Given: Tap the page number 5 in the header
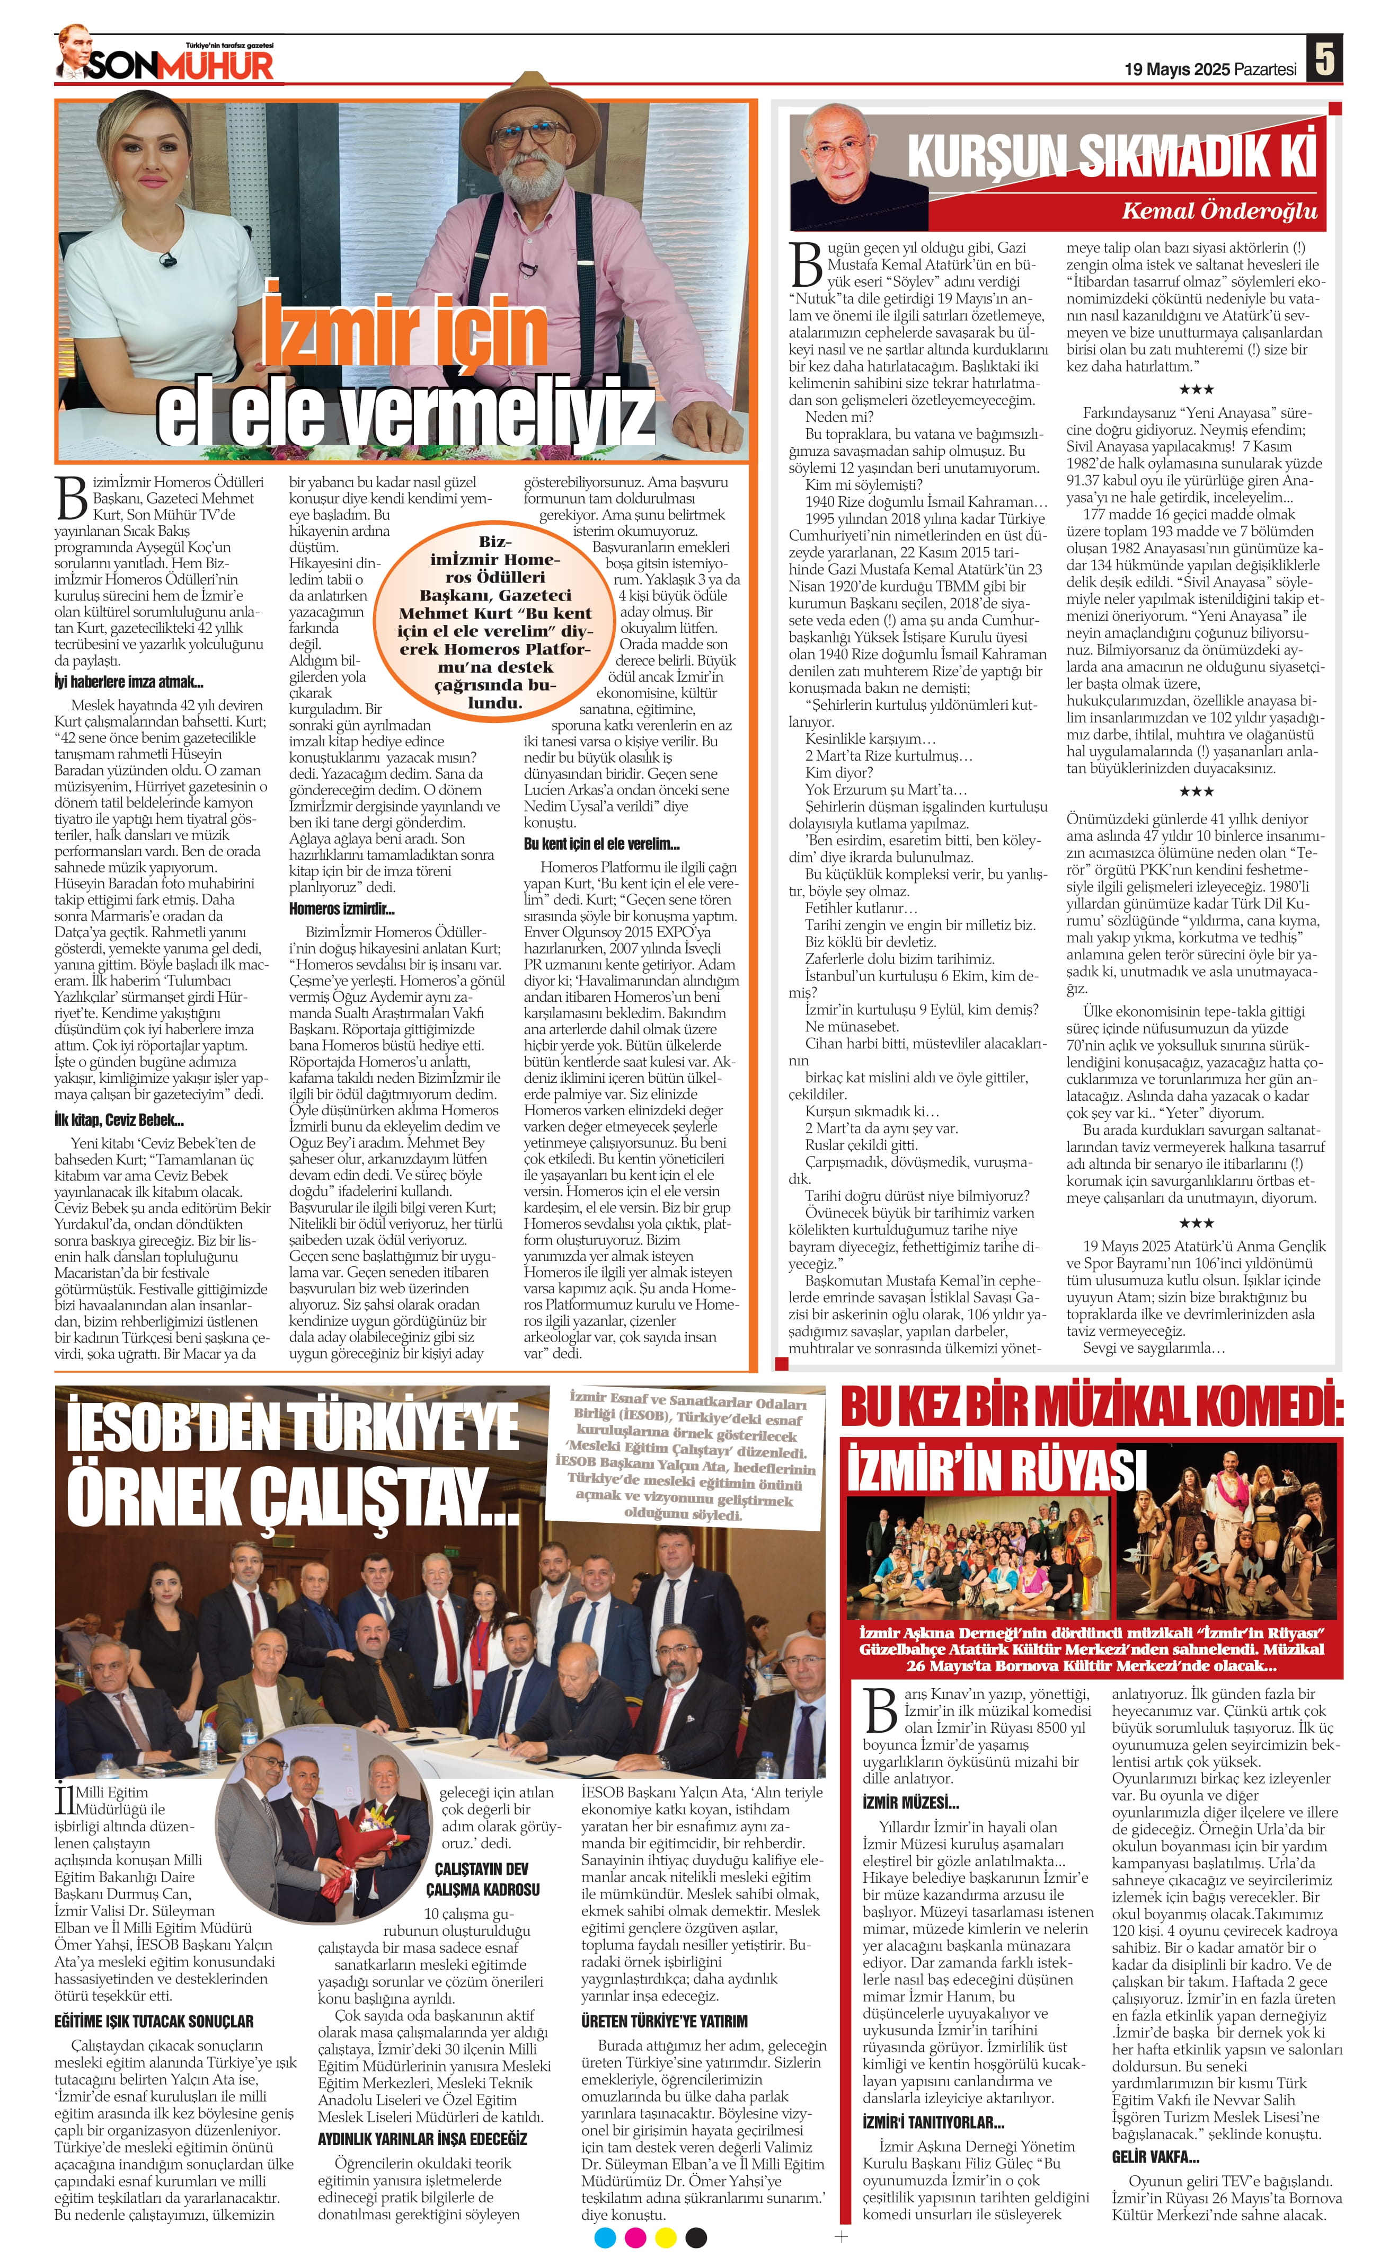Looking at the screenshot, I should pyautogui.click(x=1324, y=60).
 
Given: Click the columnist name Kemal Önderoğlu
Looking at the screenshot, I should pyautogui.click(x=1219, y=211).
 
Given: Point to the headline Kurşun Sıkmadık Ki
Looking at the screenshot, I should pyautogui.click(x=1110, y=155).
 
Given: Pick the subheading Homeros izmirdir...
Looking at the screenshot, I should pyautogui.click(x=342, y=909).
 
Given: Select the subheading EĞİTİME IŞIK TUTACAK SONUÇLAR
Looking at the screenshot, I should pyautogui.click(x=154, y=2021).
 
